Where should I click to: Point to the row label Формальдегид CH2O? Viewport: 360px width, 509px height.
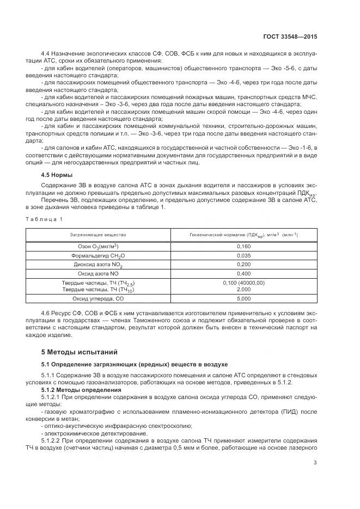(x=98, y=255)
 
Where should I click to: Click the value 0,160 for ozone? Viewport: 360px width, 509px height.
(x=243, y=246)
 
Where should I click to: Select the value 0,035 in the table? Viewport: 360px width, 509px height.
(x=243, y=255)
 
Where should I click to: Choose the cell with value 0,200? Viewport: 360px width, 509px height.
(x=243, y=265)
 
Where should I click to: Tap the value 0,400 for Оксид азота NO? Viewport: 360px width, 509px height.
(x=243, y=274)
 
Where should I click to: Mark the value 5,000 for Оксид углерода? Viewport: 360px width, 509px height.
(x=243, y=299)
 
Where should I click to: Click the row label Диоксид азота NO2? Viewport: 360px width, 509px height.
(x=98, y=265)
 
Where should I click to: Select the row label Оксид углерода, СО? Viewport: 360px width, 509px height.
(x=98, y=299)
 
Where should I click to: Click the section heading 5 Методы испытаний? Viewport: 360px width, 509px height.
(x=80, y=352)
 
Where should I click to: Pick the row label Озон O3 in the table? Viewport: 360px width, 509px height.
(x=98, y=247)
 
